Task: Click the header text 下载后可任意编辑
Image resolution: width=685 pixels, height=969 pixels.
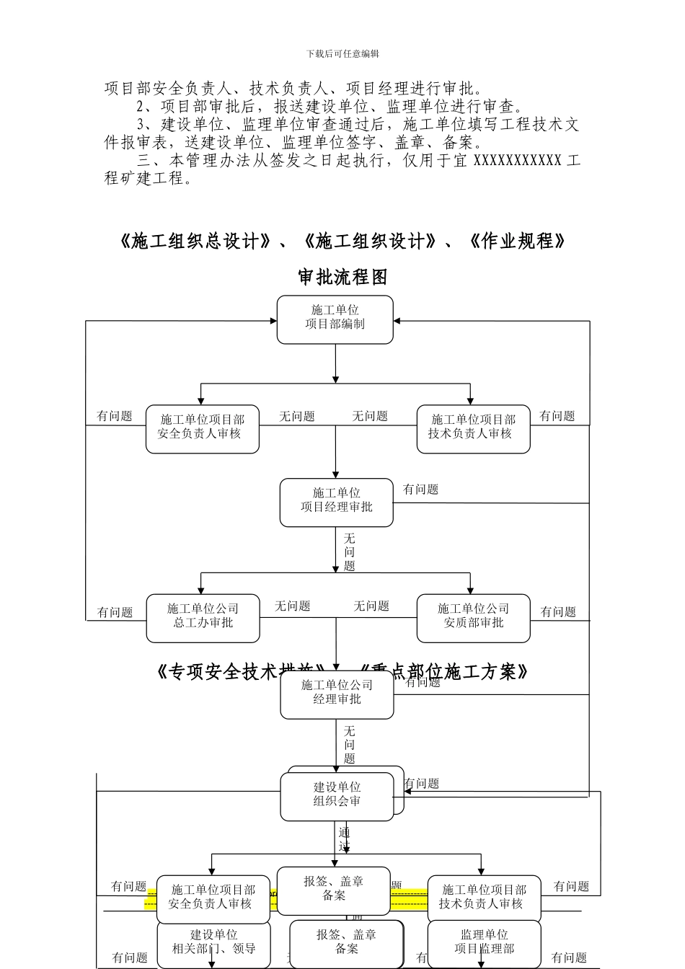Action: [342, 53]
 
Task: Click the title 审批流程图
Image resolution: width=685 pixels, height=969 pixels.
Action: [342, 277]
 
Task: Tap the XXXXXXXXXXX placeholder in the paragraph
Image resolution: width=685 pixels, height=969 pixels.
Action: [517, 160]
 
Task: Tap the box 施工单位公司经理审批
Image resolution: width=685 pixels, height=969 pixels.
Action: [337, 694]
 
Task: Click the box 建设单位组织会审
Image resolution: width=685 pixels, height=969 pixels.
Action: [337, 796]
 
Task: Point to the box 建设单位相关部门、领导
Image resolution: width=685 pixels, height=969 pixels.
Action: [213, 943]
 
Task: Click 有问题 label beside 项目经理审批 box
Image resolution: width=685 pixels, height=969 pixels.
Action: [420, 490]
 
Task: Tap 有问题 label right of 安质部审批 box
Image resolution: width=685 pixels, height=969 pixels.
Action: [558, 612]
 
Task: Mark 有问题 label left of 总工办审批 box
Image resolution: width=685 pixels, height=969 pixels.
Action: [115, 612]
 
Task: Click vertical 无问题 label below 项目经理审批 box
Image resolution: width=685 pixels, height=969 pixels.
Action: [349, 552]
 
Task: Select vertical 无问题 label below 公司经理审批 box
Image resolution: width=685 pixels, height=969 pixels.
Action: [349, 745]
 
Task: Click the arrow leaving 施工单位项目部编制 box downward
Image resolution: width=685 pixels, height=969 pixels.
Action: [335, 364]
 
